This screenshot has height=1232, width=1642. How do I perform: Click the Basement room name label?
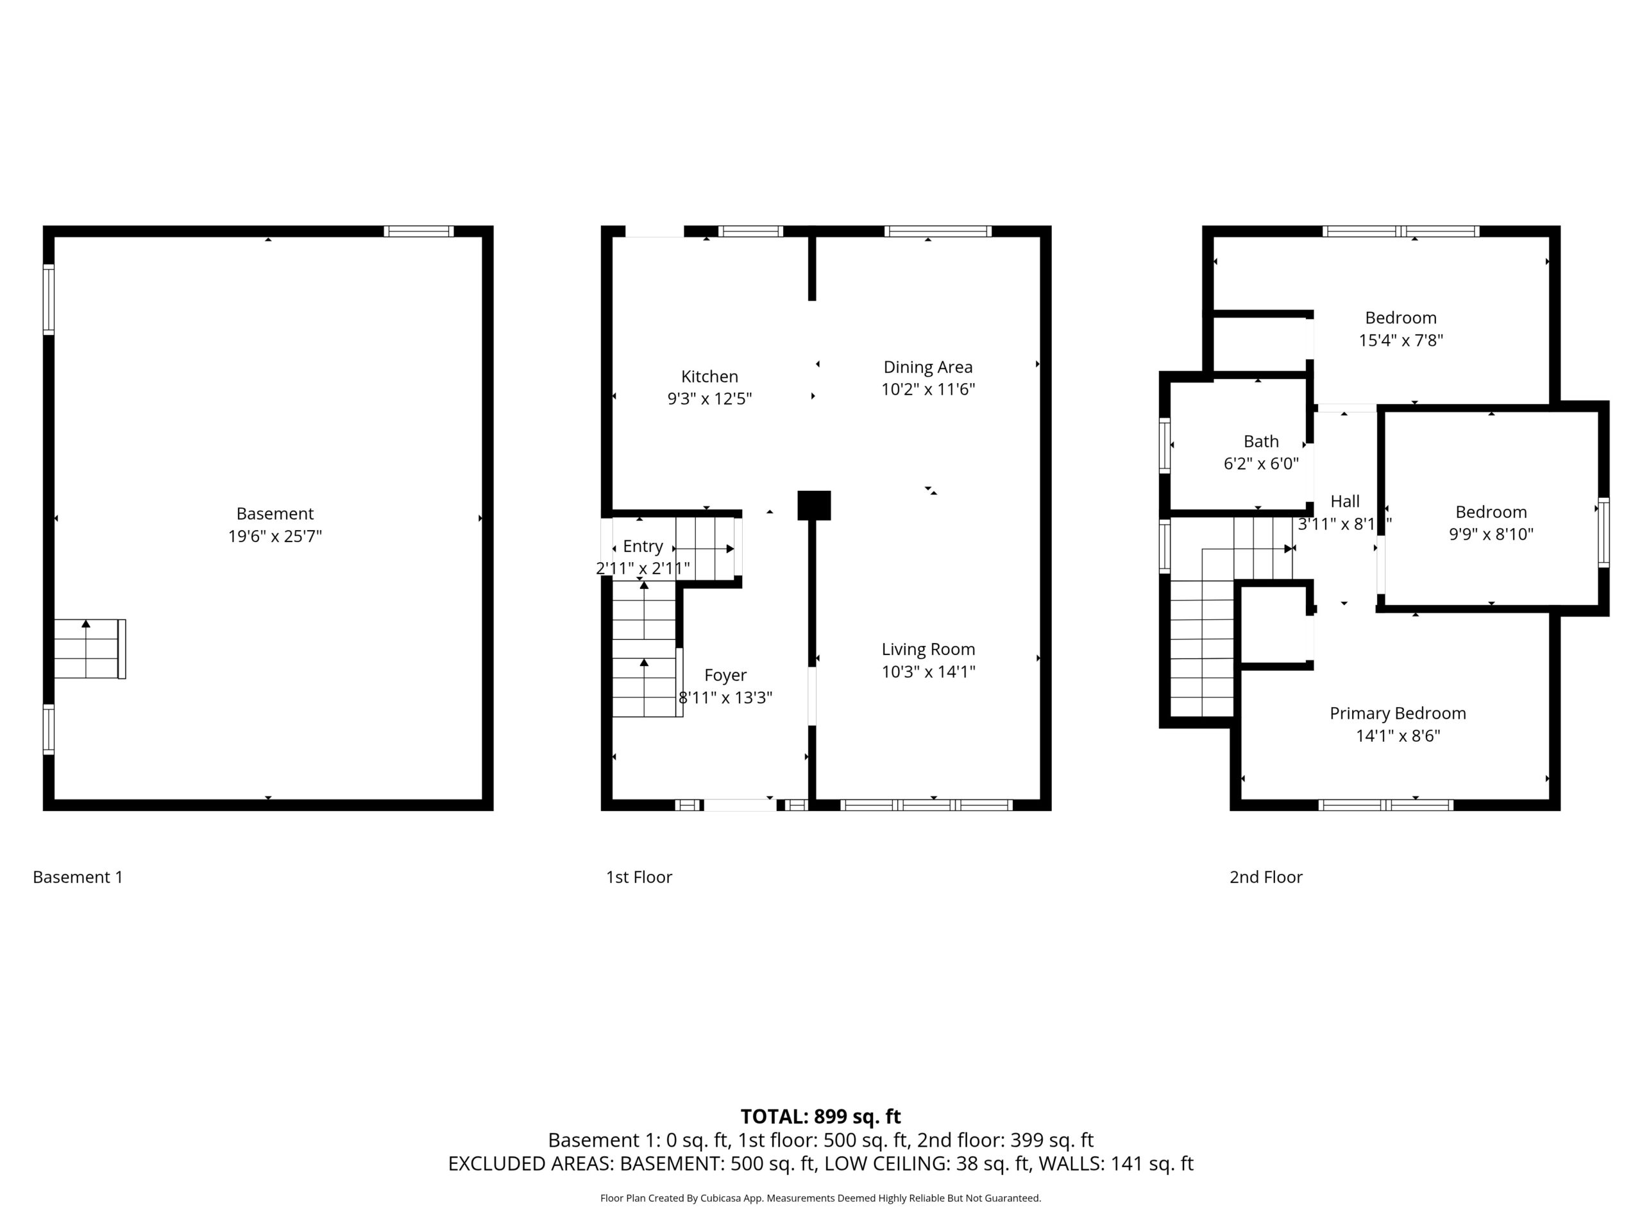click(x=275, y=513)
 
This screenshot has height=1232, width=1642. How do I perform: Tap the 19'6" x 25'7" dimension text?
click(x=275, y=536)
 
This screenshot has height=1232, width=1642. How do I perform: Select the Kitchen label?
click(x=709, y=377)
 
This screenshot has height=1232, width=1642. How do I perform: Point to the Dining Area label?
click(x=928, y=367)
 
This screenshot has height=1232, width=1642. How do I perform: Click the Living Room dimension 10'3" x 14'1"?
click(x=929, y=671)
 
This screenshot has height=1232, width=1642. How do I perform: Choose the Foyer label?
click(x=725, y=675)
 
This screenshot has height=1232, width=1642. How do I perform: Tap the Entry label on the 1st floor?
click(x=643, y=547)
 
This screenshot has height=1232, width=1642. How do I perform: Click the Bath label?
click(x=1261, y=441)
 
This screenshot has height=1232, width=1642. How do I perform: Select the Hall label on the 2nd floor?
click(x=1345, y=501)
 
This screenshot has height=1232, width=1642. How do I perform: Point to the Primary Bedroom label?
click(x=1398, y=714)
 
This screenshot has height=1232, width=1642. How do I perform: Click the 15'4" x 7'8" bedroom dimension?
click(x=1401, y=340)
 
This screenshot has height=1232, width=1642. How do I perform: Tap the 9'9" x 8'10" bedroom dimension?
click(x=1491, y=534)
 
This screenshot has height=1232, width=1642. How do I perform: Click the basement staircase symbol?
click(x=90, y=649)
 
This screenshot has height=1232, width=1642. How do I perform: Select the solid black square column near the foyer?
click(x=815, y=505)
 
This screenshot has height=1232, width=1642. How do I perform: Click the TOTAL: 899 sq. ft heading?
click(x=821, y=1116)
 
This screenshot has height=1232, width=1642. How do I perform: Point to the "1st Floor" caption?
click(x=639, y=877)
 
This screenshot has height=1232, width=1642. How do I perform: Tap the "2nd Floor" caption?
click(x=1265, y=877)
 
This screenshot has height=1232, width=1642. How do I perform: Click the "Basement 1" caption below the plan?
click(x=78, y=877)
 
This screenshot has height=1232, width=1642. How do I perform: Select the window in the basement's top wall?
click(x=419, y=231)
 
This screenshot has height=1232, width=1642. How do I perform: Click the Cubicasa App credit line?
click(x=820, y=1198)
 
